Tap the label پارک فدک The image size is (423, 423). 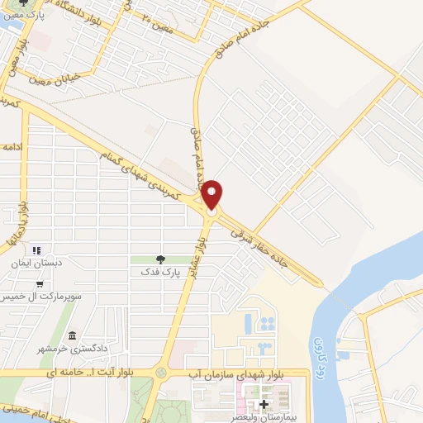[x=159, y=271]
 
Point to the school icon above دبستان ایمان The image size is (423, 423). [x=36, y=249]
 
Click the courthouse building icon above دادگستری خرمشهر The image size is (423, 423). [x=74, y=336]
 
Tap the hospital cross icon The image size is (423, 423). [x=264, y=405]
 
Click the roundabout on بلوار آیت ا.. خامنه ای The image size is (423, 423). [x=161, y=373]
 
